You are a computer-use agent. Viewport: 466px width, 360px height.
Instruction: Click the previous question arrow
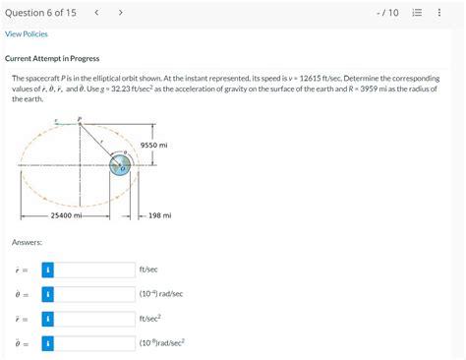coord(96,12)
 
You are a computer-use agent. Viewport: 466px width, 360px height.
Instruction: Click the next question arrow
coord(120,12)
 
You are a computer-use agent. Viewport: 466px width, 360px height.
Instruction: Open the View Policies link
coord(27,34)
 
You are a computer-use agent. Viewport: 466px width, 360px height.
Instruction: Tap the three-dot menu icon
coord(439,13)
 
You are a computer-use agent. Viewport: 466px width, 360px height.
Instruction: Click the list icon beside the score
coord(417,13)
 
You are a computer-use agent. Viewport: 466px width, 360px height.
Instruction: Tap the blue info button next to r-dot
coord(47,269)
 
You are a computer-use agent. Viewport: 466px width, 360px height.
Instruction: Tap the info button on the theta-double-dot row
coord(47,343)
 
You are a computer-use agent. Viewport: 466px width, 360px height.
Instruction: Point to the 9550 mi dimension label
coord(154,145)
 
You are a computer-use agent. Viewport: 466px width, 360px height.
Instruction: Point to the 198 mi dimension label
coord(159,214)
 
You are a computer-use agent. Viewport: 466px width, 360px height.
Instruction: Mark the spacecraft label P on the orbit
coord(80,119)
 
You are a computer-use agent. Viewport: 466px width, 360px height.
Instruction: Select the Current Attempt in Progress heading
coord(52,59)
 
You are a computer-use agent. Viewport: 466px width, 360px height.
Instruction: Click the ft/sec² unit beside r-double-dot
coord(150,319)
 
